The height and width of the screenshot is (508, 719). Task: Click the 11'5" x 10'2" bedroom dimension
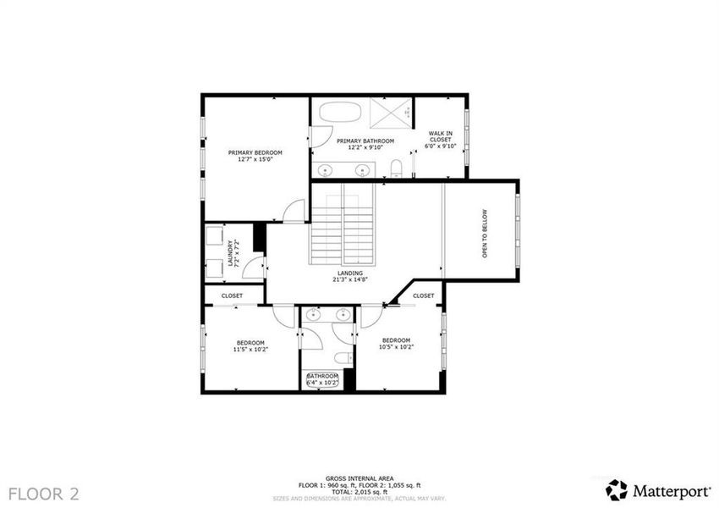tap(250, 349)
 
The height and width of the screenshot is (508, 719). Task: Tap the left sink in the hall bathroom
tap(312, 315)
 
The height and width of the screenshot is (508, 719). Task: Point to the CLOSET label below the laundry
tap(232, 295)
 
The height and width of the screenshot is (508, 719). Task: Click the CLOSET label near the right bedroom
tap(423, 295)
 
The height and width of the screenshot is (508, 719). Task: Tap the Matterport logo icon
tap(617, 489)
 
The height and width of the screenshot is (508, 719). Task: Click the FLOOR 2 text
tap(50, 493)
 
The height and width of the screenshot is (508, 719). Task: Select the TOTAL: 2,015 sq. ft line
tap(359, 491)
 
